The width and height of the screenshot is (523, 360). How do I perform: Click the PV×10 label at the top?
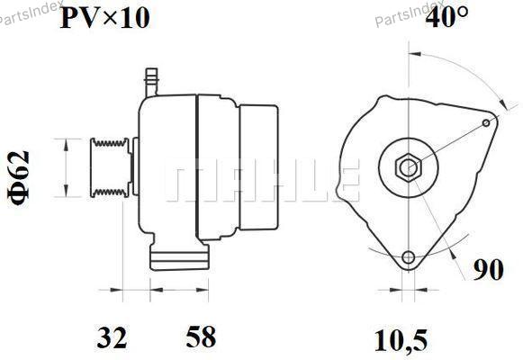click(x=104, y=18)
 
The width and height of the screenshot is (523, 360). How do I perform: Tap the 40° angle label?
click(x=446, y=17)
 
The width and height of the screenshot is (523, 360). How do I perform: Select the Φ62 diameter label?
click(x=19, y=179)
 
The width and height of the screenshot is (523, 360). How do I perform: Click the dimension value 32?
click(x=112, y=337)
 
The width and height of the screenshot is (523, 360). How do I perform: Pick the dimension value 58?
click(x=201, y=337)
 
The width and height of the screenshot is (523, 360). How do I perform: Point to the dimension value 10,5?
click(x=401, y=340)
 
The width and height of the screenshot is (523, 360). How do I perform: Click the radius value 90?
click(x=488, y=269)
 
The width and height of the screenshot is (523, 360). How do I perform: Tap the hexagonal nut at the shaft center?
click(x=409, y=167)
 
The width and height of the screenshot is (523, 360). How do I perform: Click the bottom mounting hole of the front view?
click(x=409, y=257)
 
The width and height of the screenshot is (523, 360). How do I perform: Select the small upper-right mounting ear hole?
click(x=486, y=123)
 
